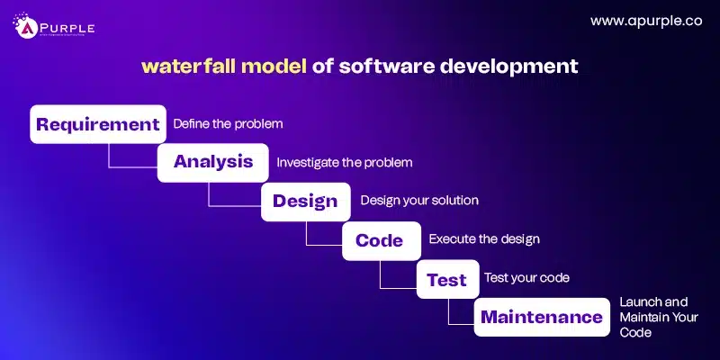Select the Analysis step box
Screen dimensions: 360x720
point(213,163)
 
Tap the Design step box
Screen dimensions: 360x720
point(305,201)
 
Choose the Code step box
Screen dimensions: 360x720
point(379,240)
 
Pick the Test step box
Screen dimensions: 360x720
point(446,279)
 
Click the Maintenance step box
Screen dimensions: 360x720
point(541,317)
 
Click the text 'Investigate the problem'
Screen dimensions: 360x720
point(344,163)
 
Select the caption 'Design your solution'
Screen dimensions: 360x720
point(419,200)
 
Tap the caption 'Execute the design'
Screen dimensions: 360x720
point(483,239)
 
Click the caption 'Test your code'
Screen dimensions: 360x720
point(526,278)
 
